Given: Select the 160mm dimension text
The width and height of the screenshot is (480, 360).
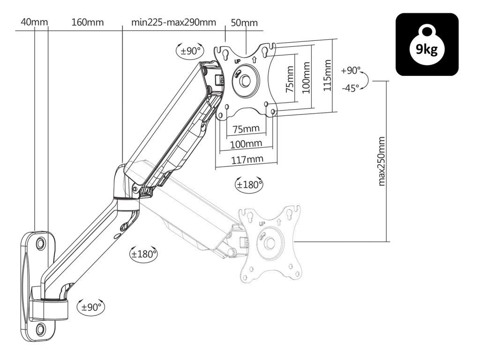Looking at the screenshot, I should [88, 22].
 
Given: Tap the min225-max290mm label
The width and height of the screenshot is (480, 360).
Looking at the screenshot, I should [173, 22].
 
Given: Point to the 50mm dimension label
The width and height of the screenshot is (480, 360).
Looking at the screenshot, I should [244, 22].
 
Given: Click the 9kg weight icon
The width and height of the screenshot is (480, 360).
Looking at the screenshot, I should [427, 45].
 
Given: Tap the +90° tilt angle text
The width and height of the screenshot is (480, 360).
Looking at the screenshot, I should [351, 71].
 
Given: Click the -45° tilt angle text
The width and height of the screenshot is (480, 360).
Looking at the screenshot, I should [351, 88].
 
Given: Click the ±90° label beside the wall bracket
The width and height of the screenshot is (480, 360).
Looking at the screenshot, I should [91, 307].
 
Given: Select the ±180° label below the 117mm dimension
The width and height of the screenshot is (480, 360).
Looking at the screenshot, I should [249, 184].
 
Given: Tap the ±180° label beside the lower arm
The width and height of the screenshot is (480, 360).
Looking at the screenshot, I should [143, 254].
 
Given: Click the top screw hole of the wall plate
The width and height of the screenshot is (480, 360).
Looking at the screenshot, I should [41, 243].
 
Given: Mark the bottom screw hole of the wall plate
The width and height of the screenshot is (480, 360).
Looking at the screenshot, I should [40, 329].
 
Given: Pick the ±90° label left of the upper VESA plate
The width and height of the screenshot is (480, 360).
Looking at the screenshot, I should [190, 51].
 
